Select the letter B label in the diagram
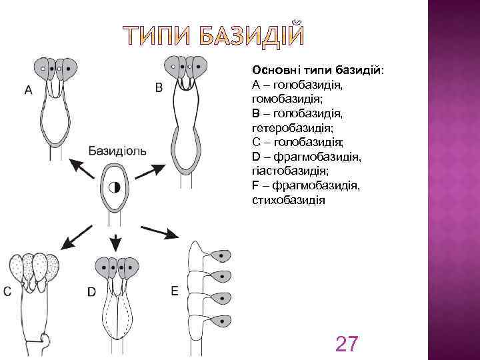pos(159,87)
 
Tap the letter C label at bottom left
pos(7,291)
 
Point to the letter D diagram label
pos(91,291)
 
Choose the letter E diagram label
pos(175,291)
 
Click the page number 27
pos(347,344)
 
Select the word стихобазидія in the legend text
pos(289,199)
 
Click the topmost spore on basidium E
pos(221,255)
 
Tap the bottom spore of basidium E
pos(221,321)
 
